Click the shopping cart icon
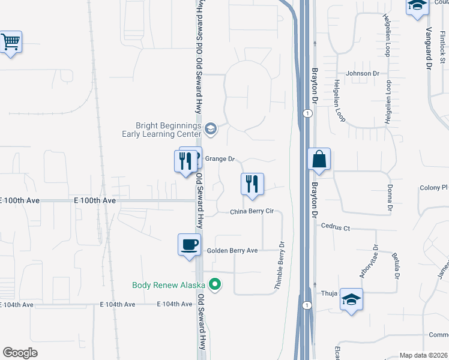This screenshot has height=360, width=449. point(11,43)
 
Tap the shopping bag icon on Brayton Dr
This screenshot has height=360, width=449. point(319,160)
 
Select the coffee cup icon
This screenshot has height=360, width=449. point(189,245)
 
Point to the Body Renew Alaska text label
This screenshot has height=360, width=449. point(169,285)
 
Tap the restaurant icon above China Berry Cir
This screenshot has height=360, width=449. point(252,185)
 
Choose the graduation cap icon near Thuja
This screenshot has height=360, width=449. point(351,299)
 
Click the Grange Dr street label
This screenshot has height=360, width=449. point(219,160)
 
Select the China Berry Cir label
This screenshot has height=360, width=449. point(252,212)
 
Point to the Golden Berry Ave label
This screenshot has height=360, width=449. point(232,250)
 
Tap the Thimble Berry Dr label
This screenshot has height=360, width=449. point(280,266)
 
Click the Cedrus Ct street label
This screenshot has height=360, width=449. point(335,227)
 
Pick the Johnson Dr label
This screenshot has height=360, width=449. point(363,74)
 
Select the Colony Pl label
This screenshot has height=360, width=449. point(433,188)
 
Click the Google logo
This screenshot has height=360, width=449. point(20,353)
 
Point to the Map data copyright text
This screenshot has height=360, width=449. point(423,355)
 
